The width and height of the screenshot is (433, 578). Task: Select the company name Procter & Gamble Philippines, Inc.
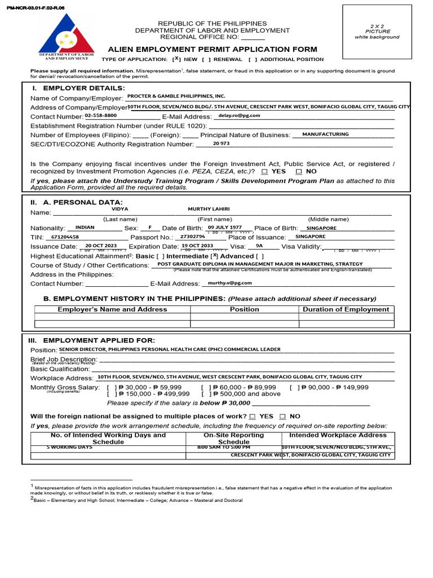click(x=176, y=97)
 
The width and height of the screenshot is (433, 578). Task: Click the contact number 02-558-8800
click(x=101, y=115)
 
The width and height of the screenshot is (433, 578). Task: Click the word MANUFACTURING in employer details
click(x=325, y=134)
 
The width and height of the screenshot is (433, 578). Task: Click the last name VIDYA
click(x=120, y=209)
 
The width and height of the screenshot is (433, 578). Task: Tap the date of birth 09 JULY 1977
click(x=224, y=227)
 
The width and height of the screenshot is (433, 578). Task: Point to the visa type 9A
click(x=259, y=246)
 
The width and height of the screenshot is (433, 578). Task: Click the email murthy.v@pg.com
click(x=229, y=283)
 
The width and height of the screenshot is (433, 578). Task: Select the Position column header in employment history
click(x=244, y=309)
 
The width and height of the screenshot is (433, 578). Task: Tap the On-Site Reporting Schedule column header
click(x=233, y=439)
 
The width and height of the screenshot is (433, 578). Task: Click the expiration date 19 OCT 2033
click(x=197, y=246)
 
